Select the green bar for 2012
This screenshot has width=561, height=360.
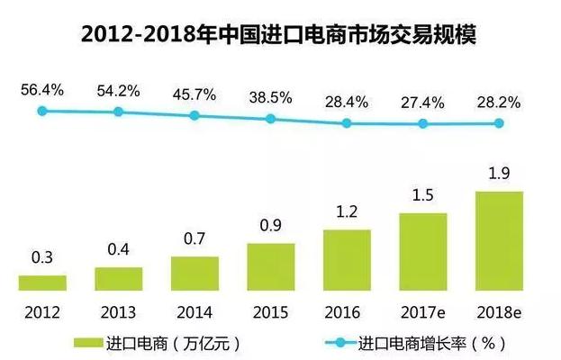pyautogui.click(x=42, y=283)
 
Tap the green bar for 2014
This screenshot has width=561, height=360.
pyautogui.click(x=195, y=274)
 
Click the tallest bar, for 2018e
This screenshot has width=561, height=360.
pyautogui.click(x=499, y=241)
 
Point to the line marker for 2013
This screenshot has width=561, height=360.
pyautogui.click(x=118, y=112)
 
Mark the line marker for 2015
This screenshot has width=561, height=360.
pyautogui.click(x=271, y=119)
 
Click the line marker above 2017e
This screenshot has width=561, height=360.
pyautogui.click(x=423, y=124)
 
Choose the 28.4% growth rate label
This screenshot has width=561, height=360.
pyautogui.click(x=348, y=102)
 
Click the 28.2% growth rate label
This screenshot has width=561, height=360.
pyautogui.click(x=500, y=102)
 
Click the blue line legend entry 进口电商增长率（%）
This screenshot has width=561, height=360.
pyautogui.click(x=423, y=342)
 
